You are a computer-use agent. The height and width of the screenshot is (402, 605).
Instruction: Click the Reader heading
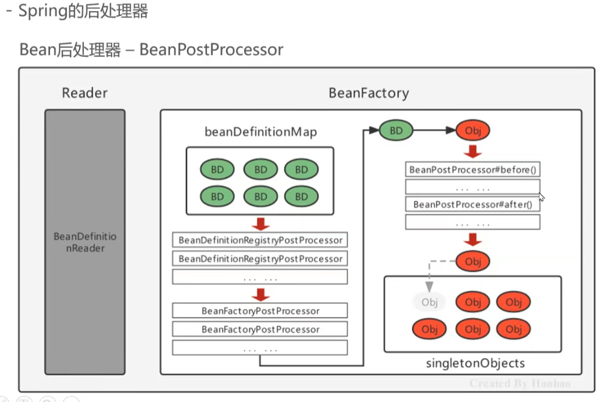84,93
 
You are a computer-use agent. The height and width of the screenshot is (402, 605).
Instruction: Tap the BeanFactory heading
369,93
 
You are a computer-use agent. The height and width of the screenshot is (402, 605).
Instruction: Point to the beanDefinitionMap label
260,132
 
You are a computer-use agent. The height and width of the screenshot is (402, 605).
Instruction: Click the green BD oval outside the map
396,131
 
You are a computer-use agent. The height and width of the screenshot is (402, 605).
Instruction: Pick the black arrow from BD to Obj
434,131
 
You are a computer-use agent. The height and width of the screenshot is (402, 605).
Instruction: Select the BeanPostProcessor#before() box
473,169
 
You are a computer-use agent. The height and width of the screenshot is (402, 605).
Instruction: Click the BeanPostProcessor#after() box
473,205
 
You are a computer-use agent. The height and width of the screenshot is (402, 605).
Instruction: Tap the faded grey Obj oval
429,302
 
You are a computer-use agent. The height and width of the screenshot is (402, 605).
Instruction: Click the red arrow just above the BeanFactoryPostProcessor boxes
260,294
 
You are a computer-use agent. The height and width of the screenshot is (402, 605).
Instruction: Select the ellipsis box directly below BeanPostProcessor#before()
473,187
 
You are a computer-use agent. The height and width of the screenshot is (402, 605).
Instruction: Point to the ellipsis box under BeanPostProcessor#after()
473,223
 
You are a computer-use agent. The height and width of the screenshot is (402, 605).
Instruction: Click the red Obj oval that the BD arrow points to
473,131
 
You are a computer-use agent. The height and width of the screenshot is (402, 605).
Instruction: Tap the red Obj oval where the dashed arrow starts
473,261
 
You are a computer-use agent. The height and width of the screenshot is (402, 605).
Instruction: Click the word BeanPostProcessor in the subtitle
211,50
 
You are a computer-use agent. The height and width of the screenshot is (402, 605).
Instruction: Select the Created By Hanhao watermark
520,383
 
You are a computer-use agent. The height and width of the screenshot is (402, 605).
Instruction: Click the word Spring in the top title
39,11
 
